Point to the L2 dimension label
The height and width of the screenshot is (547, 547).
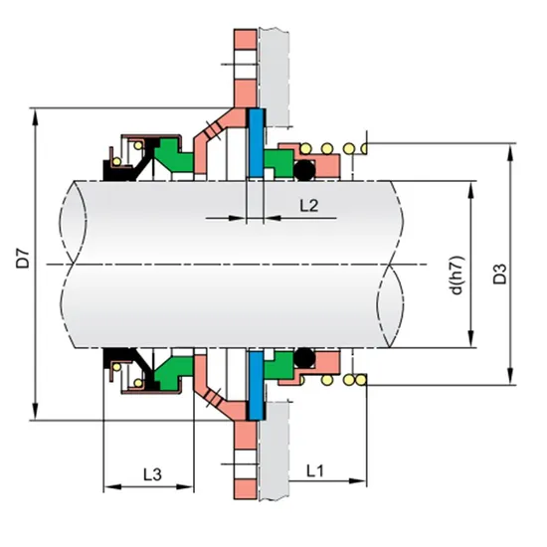click(309, 206)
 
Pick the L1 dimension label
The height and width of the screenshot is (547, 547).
click(315, 467)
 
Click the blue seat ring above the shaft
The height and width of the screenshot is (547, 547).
click(255, 144)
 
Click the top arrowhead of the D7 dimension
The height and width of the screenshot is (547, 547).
click(37, 109)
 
